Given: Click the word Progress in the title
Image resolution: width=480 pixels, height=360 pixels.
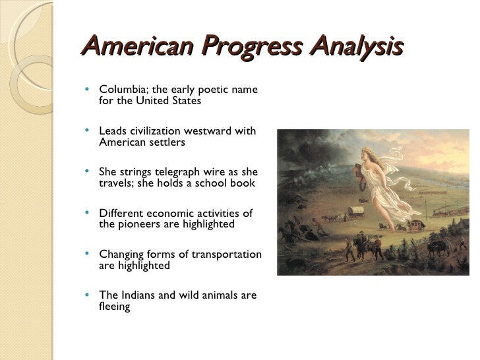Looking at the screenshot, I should (x=247, y=48).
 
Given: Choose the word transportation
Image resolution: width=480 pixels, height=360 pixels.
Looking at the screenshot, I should (x=225, y=255).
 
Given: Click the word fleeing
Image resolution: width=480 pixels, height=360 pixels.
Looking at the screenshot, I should (x=115, y=307).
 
